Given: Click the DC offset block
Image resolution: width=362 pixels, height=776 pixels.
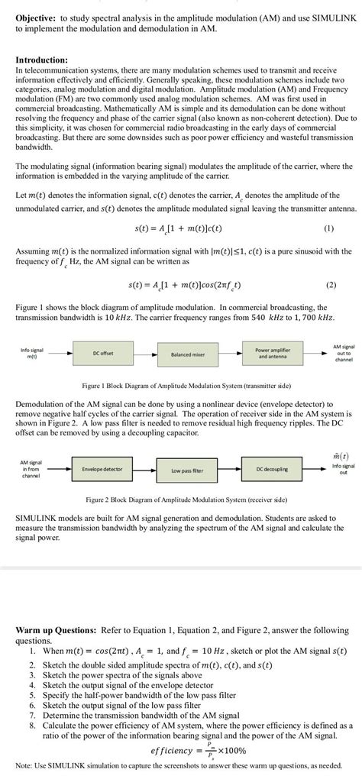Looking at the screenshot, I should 104,353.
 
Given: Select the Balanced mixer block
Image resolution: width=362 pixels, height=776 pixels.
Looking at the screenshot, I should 188,354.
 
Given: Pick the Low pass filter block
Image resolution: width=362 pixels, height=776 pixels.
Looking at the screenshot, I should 188,470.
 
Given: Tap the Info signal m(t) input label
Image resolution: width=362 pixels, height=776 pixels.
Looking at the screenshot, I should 32,354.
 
